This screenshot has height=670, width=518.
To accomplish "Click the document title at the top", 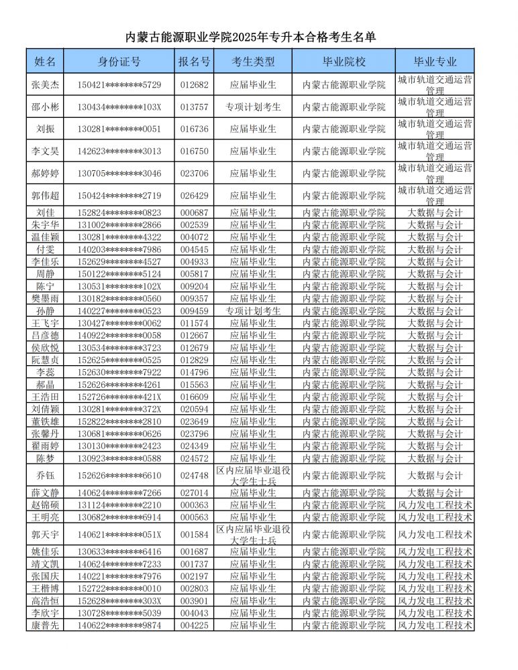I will point(259,36).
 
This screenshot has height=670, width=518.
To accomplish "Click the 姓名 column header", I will point(46,62).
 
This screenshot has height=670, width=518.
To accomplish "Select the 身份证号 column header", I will point(119,62).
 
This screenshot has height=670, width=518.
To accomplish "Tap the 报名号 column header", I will point(195,62).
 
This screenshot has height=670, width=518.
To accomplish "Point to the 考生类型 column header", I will point(253,62).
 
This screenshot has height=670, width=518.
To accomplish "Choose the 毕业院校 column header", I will point(344,62).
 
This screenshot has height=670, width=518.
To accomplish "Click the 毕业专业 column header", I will point(435,62).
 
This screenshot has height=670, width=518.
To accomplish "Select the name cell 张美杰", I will point(46,85).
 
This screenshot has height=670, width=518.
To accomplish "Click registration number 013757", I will point(195,107).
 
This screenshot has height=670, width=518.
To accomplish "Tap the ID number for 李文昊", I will point(119,151).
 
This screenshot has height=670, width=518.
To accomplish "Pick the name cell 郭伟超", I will point(46,196).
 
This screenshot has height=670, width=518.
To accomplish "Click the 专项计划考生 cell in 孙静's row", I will point(253,311).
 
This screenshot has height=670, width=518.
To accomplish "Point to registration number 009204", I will point(195,286).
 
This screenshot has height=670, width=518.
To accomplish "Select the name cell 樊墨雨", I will point(46,299).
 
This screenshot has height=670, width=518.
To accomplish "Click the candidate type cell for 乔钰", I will point(253,476).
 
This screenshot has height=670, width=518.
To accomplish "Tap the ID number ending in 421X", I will point(119,397).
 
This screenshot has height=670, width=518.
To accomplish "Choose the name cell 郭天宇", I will point(46,535).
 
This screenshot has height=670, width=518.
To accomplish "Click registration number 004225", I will point(195,626).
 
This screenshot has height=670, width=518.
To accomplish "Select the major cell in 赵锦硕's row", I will point(435,505).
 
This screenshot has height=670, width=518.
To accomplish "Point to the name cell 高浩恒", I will point(46,601).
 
